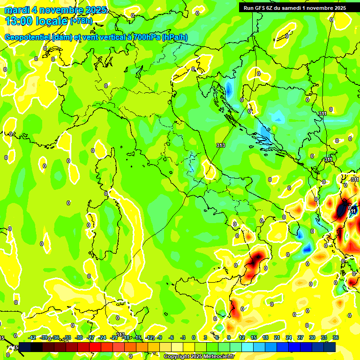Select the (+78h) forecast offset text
(81, 21)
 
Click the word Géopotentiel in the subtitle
(28, 37)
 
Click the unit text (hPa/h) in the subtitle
(175, 37)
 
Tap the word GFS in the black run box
(261, 7)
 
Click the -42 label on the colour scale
(32, 337)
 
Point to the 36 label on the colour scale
(335, 337)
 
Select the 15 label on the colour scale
(253, 337)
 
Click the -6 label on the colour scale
(172, 337)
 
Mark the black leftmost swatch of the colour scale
(25, 347)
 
